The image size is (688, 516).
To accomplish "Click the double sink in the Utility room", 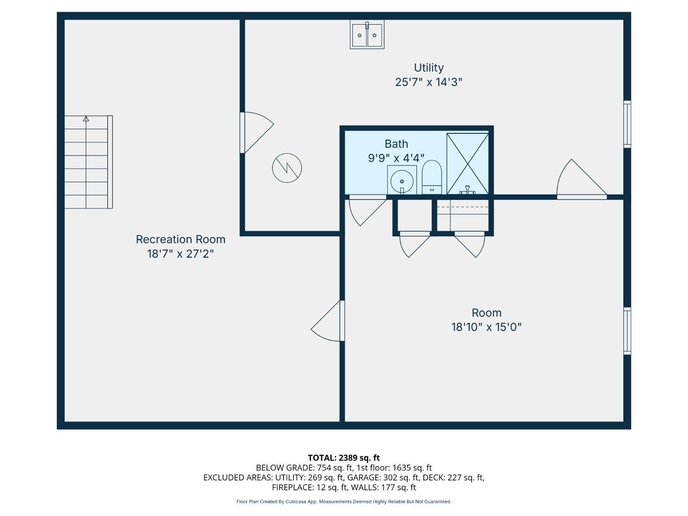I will [367, 35].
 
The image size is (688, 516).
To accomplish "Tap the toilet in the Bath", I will [431, 178].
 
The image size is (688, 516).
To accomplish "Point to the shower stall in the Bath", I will [467, 164].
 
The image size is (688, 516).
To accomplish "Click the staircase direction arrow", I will [86, 119].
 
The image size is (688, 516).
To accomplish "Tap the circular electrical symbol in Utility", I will [287, 168].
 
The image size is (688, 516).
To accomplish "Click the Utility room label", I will [428, 68].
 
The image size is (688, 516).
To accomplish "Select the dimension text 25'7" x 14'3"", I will [428, 83].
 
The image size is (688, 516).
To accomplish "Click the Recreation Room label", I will [181, 239].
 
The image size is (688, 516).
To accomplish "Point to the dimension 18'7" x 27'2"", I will [181, 254].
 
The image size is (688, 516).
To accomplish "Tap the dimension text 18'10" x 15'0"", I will [486, 327].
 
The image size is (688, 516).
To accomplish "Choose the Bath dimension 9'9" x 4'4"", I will [396, 158].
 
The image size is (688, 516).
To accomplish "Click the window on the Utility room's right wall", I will [627, 124].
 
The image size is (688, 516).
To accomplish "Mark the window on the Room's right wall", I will [627, 331].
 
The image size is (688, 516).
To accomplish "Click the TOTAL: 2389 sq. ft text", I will [344, 458].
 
